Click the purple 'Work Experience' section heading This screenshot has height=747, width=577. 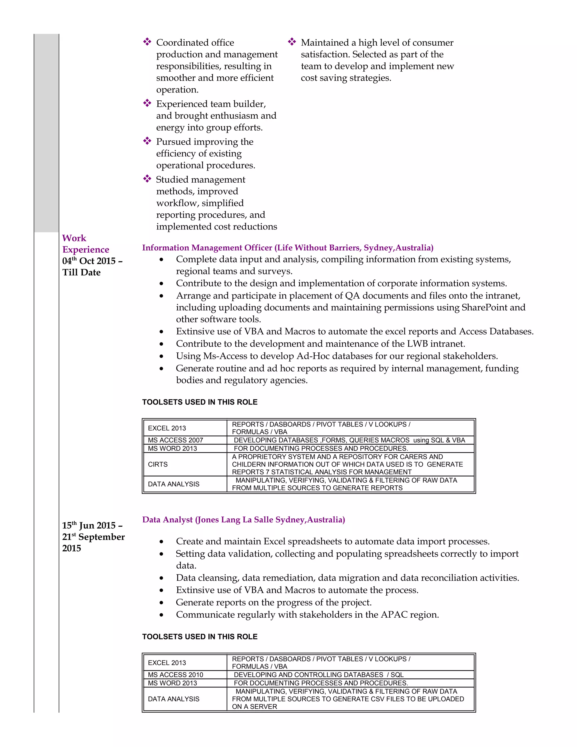[x=85, y=244]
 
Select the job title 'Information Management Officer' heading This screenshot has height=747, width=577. [x=207, y=247]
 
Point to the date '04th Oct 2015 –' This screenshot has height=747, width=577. [x=92, y=261]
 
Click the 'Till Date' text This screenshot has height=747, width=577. [x=81, y=273]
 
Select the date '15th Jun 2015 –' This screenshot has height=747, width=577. [x=92, y=525]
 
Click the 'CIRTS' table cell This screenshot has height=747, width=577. [x=158, y=465]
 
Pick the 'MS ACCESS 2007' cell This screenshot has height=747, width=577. [x=175, y=440]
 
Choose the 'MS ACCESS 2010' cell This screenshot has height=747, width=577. [x=175, y=675]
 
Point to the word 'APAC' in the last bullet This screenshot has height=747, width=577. [x=394, y=615]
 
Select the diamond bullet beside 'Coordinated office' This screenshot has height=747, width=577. [x=147, y=42]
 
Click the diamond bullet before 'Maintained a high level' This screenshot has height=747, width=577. [x=292, y=42]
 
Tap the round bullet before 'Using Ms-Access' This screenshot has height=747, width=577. [x=161, y=356]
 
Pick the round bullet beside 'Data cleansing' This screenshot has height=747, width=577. [x=161, y=578]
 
